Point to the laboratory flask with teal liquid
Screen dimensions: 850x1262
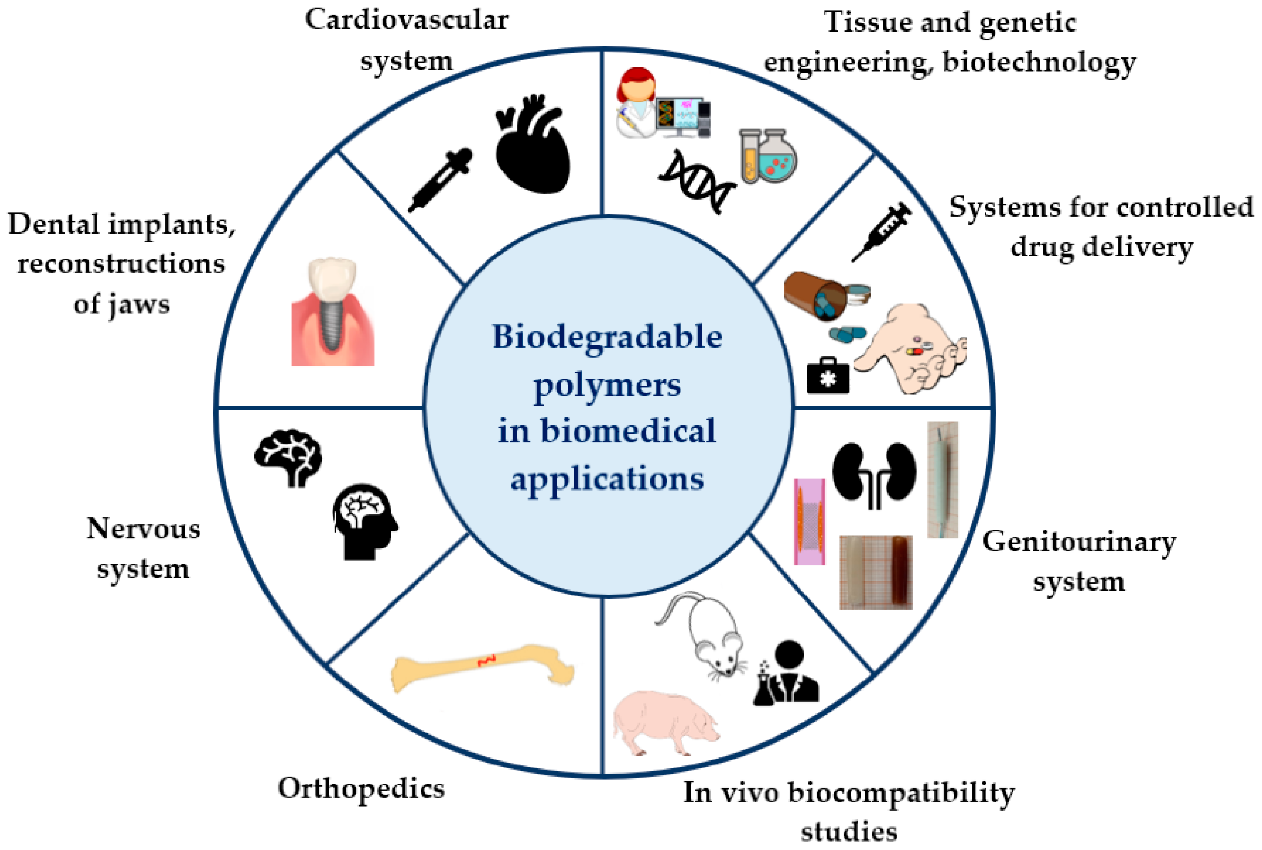776,157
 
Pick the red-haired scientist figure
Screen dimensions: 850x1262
636,103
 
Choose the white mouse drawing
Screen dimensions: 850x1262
705,634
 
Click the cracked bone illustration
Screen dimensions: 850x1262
482,667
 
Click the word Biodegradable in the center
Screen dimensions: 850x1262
607,337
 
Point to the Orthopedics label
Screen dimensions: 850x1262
361,789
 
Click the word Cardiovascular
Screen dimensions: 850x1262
407,20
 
